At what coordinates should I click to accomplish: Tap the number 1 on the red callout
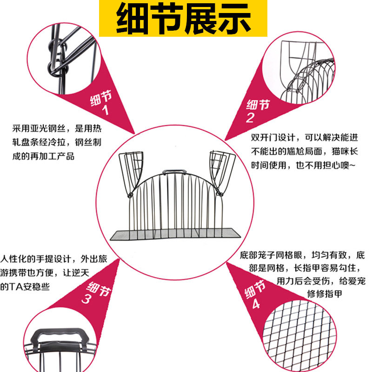tap(105, 111)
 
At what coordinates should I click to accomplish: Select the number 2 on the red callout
tap(250, 118)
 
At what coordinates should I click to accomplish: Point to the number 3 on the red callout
tap(86, 300)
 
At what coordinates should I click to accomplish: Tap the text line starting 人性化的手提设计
tap(53, 259)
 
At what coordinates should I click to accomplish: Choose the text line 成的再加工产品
tap(44, 156)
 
